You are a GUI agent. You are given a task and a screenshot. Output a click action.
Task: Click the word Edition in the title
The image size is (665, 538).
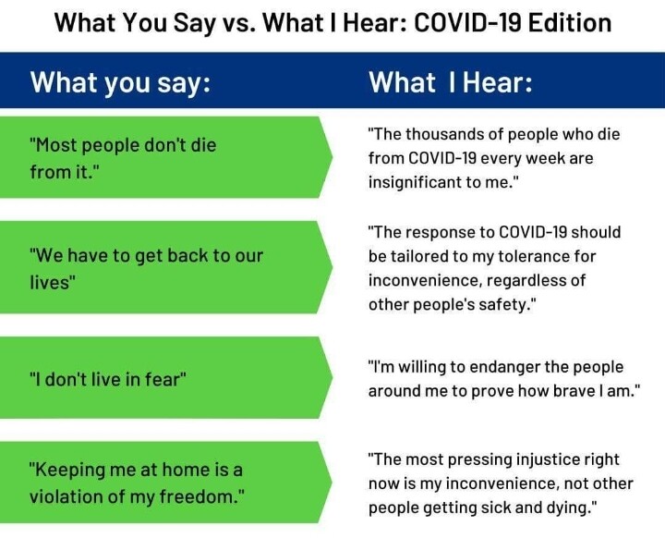point(570,22)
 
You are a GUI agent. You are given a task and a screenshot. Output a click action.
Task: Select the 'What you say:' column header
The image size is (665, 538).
point(120,82)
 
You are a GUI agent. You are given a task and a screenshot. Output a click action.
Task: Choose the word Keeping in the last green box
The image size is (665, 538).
point(66,471)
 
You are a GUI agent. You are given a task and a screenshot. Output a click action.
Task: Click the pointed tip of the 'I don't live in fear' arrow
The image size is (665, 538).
point(332,377)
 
